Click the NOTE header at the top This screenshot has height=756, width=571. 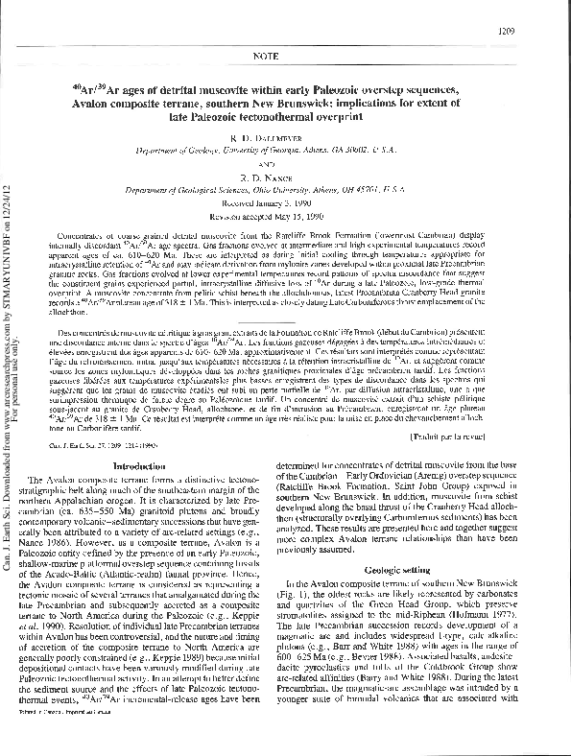(285, 57)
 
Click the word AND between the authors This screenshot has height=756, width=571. (285, 164)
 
